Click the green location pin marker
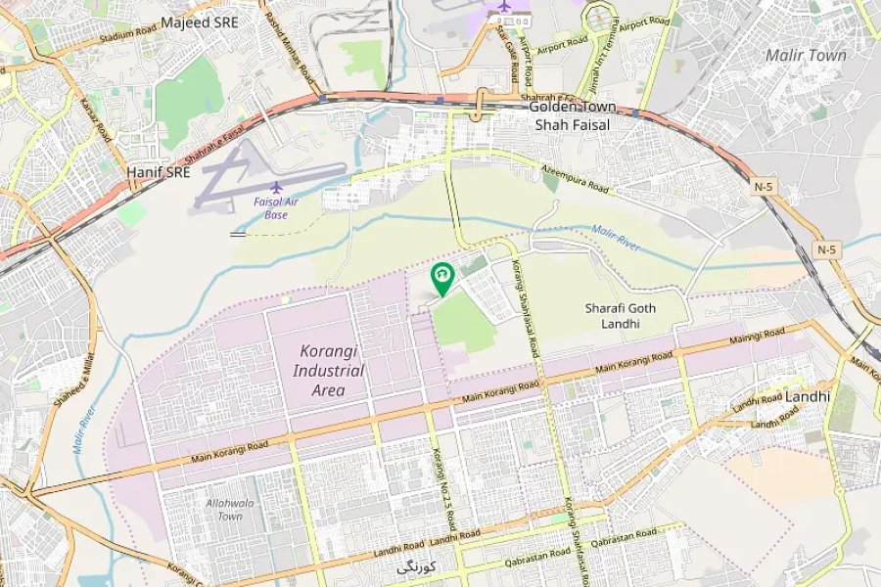[x=442, y=278]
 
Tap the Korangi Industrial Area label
[x=329, y=370]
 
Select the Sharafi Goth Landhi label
[x=621, y=315]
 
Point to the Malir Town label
[x=805, y=56]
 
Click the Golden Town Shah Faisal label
[x=572, y=115]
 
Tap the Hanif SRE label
[x=158, y=171]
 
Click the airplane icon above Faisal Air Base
[x=276, y=186]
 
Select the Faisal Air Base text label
[x=275, y=208]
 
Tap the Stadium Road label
[x=129, y=38]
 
